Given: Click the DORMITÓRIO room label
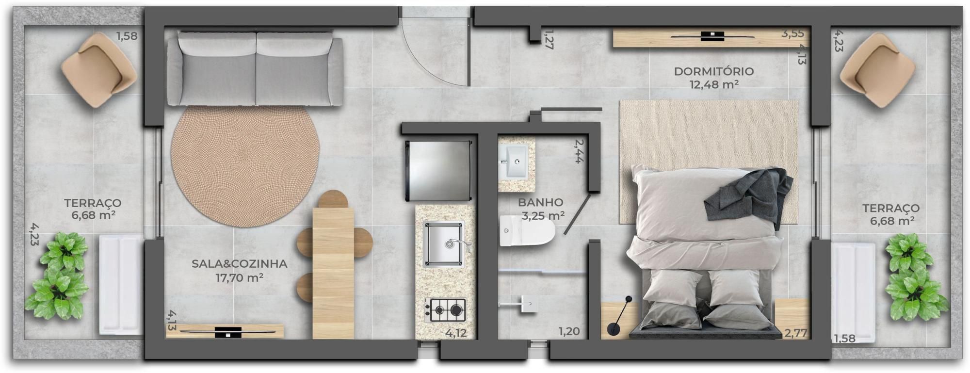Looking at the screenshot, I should pyautogui.click(x=713, y=71).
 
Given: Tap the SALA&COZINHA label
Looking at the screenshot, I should pyautogui.click(x=239, y=264).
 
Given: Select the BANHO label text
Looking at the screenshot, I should pyautogui.click(x=540, y=202).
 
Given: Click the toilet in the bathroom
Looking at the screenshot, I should pyautogui.click(x=526, y=230).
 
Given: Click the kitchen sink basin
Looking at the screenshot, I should pyautogui.click(x=443, y=244).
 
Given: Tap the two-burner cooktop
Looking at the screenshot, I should pyautogui.click(x=445, y=309).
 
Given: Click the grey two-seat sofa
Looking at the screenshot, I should pyautogui.click(x=255, y=69).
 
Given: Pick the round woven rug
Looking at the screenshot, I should pyautogui.click(x=244, y=165).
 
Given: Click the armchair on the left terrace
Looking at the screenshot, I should pyautogui.click(x=98, y=69).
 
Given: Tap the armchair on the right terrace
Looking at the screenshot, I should pyautogui.click(x=877, y=69).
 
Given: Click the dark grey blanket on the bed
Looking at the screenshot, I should pyautogui.click(x=750, y=196).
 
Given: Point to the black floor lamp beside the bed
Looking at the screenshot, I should pyautogui.click(x=620, y=316).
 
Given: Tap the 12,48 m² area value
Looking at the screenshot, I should pyautogui.click(x=713, y=84).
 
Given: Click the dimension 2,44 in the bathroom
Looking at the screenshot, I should pyautogui.click(x=578, y=151).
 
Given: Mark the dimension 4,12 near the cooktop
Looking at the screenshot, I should pyautogui.click(x=455, y=333).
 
